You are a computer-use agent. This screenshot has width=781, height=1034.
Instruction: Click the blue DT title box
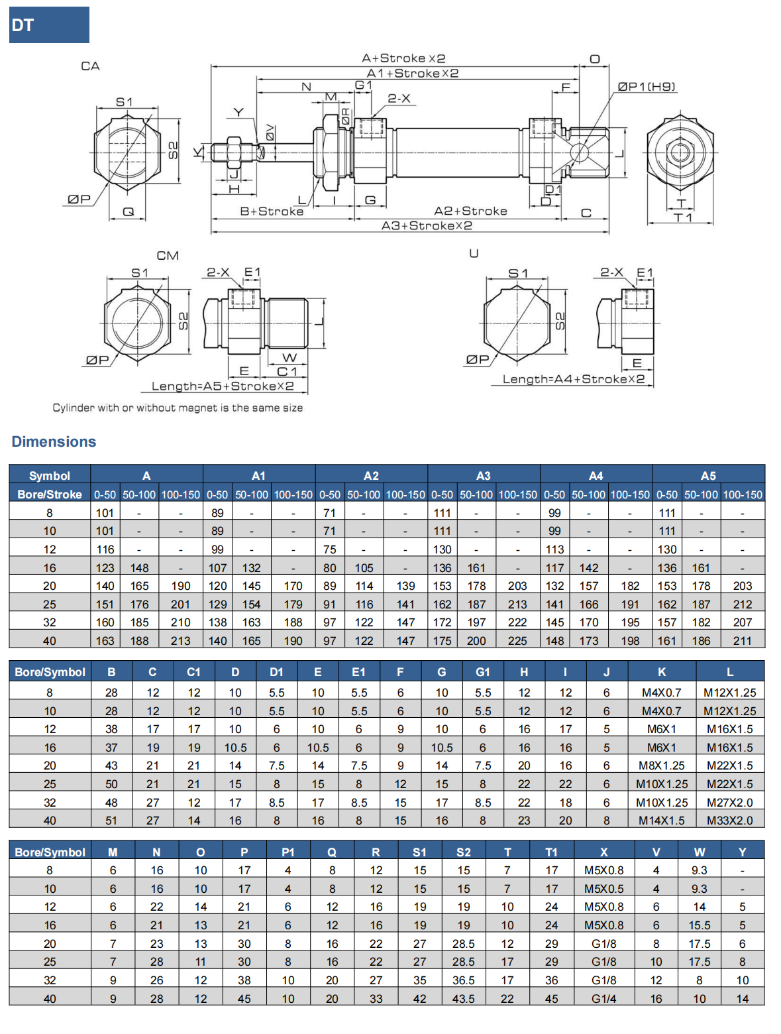point(49,25)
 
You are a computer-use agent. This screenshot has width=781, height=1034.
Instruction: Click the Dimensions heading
point(54,442)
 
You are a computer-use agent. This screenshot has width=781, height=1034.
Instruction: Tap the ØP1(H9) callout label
point(647,86)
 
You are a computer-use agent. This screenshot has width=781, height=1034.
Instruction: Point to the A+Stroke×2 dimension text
point(403,58)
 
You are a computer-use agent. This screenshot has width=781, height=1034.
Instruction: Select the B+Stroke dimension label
point(272,211)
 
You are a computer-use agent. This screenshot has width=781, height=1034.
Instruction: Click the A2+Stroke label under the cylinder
point(470,211)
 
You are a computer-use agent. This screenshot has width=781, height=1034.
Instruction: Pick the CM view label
point(168,256)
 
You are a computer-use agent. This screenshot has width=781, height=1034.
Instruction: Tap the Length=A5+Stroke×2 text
point(223,386)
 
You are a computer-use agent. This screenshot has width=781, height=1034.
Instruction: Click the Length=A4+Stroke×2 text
point(574,379)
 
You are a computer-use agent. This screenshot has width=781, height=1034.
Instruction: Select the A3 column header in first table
point(484,475)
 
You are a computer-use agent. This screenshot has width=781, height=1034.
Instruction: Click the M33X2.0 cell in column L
point(729,821)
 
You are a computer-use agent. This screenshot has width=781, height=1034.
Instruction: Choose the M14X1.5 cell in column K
point(662,821)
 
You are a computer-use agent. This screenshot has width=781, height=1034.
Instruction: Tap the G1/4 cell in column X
point(603,999)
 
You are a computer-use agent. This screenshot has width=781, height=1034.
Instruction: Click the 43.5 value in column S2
point(464,999)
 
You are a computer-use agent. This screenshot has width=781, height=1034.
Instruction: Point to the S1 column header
point(420,852)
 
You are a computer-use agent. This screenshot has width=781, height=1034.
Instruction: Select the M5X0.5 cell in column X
point(603,889)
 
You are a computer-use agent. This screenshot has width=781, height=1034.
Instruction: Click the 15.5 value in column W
point(700,925)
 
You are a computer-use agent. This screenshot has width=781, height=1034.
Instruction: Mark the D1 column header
point(276,672)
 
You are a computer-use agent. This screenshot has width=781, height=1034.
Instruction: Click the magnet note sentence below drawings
point(178,408)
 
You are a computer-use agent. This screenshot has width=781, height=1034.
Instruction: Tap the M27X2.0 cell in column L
point(729,802)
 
